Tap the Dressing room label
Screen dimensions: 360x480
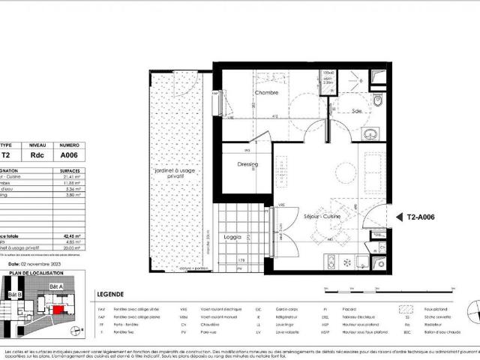tap(247, 164)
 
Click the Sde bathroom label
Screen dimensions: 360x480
tap(357, 111)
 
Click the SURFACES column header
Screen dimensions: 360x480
tap(68, 170)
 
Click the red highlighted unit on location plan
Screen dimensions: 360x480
tap(57, 309)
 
